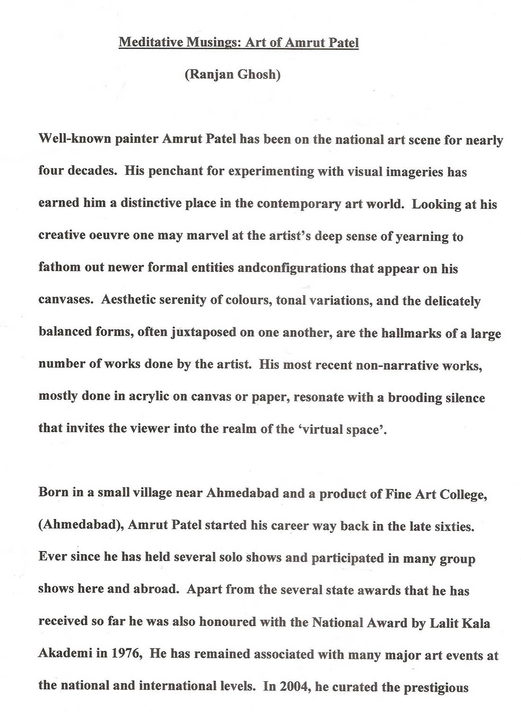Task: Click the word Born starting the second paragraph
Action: (x=53, y=492)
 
